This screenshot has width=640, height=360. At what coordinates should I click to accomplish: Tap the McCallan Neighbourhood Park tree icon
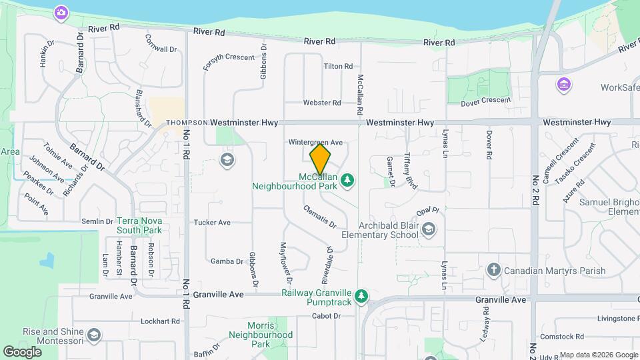(347, 179)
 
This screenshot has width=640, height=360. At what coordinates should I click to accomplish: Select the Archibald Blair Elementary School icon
(429, 230)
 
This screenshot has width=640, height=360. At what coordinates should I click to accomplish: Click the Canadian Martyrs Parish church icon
(493, 270)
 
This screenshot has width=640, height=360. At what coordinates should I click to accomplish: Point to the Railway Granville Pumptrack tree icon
(361, 295)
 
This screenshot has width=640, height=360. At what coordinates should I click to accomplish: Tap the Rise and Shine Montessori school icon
(94, 334)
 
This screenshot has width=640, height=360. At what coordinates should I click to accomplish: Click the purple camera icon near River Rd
(61, 12)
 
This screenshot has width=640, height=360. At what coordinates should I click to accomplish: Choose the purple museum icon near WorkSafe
(564, 85)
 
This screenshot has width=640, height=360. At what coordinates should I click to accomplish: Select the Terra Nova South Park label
(139, 225)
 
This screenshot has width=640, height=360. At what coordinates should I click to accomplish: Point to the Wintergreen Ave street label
(315, 142)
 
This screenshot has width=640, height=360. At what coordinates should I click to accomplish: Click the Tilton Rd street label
(338, 67)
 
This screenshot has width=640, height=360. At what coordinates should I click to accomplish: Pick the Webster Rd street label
(322, 103)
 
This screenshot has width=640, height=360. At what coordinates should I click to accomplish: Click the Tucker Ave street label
(212, 222)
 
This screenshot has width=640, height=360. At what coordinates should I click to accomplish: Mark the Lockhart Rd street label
(161, 321)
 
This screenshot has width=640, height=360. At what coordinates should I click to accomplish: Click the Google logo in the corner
(23, 351)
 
